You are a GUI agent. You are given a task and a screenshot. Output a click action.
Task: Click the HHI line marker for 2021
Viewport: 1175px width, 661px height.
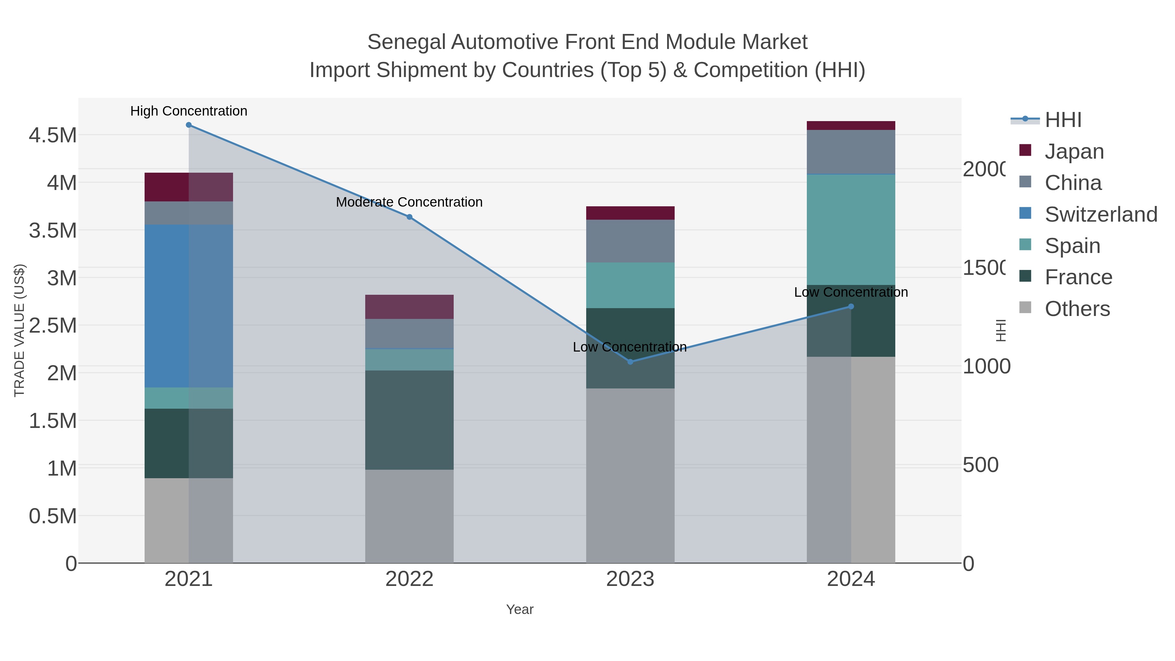(188, 125)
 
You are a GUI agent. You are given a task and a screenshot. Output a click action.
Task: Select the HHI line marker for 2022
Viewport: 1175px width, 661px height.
(409, 217)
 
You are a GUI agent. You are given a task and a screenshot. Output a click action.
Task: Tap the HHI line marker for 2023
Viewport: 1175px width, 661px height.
(630, 362)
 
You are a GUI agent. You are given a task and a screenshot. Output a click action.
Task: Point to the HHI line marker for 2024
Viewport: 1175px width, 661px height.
(851, 307)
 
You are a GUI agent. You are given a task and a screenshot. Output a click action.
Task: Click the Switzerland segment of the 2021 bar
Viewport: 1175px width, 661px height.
(188, 306)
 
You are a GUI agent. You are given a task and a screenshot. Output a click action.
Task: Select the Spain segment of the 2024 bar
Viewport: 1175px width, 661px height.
(851, 229)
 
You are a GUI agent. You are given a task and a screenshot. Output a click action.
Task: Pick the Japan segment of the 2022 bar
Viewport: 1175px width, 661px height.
(409, 307)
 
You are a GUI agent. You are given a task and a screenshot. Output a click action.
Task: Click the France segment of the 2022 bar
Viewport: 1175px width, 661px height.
(409, 420)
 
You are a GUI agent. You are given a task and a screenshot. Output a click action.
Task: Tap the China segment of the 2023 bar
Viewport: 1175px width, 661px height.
(630, 241)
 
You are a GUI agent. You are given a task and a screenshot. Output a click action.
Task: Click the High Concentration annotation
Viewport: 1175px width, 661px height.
(188, 111)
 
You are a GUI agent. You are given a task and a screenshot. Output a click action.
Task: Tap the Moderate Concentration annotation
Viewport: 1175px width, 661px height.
(409, 202)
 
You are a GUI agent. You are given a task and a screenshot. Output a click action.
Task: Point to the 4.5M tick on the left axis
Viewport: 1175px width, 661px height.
(53, 135)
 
